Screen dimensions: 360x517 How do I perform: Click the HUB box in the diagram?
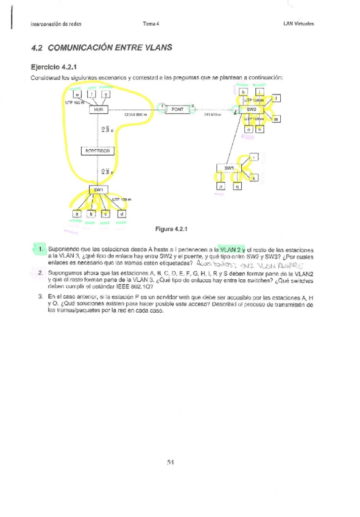point(97,109)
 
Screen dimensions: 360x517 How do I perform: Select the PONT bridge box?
point(177,109)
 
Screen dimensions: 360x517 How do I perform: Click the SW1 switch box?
point(98,190)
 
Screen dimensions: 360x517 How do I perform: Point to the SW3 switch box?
point(229,168)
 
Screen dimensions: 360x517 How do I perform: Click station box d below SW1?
point(122,214)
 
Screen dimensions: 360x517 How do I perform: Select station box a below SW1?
point(77,214)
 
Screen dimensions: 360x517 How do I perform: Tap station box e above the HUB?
point(77,94)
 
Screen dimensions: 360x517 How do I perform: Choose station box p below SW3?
point(221,187)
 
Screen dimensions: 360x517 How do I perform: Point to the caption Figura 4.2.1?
point(174,230)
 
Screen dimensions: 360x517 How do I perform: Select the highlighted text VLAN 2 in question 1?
point(231,250)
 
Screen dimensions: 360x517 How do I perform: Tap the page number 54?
point(171,462)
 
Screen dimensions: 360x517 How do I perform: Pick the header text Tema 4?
point(150,24)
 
